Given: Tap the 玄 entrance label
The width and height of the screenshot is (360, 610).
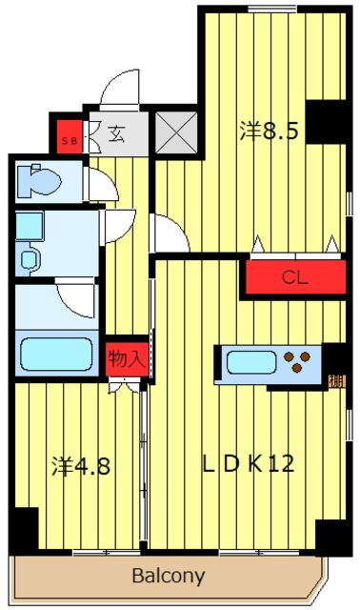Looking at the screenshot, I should (x=115, y=134).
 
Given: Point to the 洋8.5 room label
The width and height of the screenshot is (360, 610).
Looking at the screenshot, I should (x=270, y=131).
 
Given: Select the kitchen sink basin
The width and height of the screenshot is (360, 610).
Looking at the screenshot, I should (x=250, y=362).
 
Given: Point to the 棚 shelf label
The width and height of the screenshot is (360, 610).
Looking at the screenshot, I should (x=336, y=381).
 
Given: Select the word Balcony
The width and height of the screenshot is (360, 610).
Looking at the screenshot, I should (x=168, y=576).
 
